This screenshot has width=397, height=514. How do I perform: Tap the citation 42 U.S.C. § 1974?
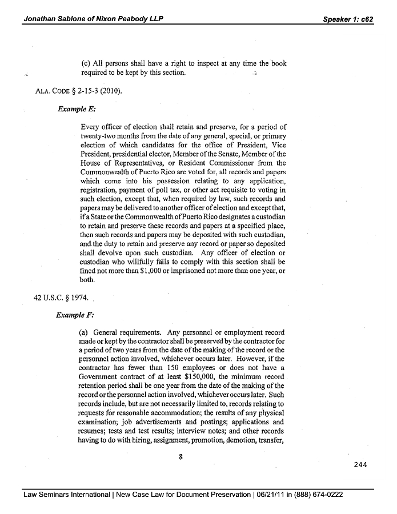coord(59,298)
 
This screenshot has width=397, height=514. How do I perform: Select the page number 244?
coord(360,464)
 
